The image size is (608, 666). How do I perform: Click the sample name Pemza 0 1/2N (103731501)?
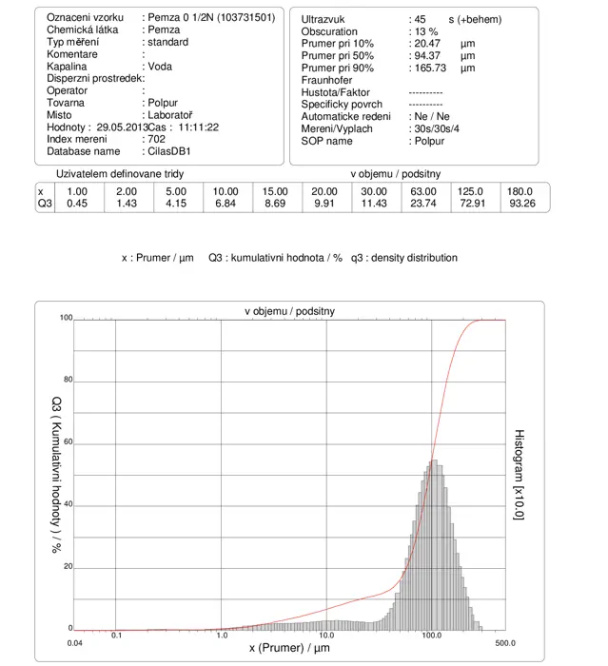[211, 17]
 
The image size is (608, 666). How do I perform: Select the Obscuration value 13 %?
[426, 31]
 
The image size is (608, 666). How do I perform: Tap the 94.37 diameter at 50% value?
[427, 55]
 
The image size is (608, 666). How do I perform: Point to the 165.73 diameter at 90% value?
[430, 68]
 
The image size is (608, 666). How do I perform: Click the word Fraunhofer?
[326, 80]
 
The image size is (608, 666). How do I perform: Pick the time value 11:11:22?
[199, 127]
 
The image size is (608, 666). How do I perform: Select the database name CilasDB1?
[169, 151]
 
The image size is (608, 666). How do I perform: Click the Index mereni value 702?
[156, 139]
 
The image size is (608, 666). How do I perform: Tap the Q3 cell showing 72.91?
[472, 204]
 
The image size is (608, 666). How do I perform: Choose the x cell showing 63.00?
[423, 191]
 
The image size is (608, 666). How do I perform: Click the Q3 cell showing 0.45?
[77, 204]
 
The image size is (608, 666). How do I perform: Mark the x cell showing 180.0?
[520, 191]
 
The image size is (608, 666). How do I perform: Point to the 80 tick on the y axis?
[68, 380]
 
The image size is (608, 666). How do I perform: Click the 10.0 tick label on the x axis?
[325, 636]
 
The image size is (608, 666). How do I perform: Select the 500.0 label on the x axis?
[505, 643]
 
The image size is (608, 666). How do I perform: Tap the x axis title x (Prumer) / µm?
[289, 648]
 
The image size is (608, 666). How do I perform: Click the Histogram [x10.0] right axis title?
[520, 475]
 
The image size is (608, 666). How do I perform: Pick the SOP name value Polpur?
[429, 141]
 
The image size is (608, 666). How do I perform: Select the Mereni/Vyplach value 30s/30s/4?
[437, 128]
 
